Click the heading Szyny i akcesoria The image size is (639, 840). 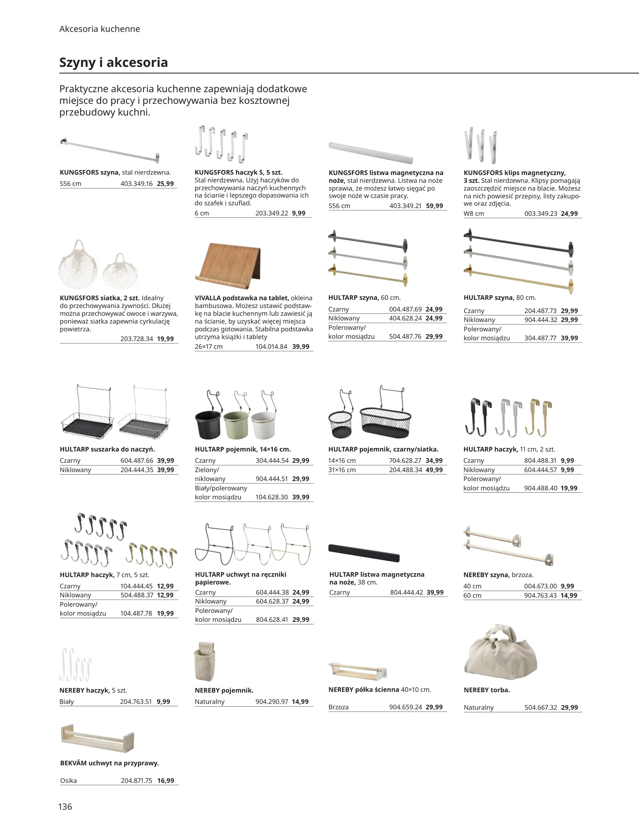click(x=113, y=63)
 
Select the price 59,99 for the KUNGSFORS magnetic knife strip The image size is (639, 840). click(x=434, y=206)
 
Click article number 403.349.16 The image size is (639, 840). click(x=136, y=184)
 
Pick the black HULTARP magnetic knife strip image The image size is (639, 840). click(x=363, y=553)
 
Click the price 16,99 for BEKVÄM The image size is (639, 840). click(x=166, y=780)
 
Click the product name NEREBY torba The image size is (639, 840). click(x=487, y=689)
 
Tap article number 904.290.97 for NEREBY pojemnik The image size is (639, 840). click(x=272, y=702)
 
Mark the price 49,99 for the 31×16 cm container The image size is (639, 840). click(x=434, y=470)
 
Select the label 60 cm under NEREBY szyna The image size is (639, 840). click(x=472, y=595)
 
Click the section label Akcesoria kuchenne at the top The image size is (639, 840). click(x=100, y=29)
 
